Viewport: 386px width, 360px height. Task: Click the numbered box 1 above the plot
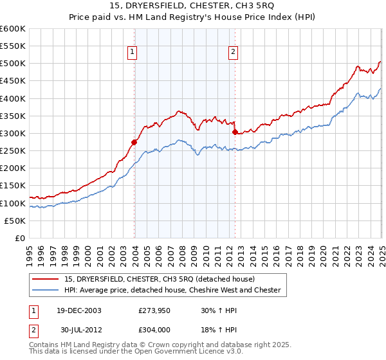(132, 53)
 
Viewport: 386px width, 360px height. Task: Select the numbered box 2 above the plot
(232, 53)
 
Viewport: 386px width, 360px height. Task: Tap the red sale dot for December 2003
(134, 142)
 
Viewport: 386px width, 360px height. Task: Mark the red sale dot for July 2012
(235, 132)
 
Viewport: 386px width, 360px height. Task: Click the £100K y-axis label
(13, 203)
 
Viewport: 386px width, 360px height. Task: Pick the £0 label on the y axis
(20, 238)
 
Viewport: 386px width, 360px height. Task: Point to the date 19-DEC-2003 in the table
(78, 310)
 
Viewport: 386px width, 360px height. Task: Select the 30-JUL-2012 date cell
(78, 330)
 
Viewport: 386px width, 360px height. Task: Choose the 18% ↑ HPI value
(219, 330)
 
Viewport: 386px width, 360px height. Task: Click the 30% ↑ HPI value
(219, 310)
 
